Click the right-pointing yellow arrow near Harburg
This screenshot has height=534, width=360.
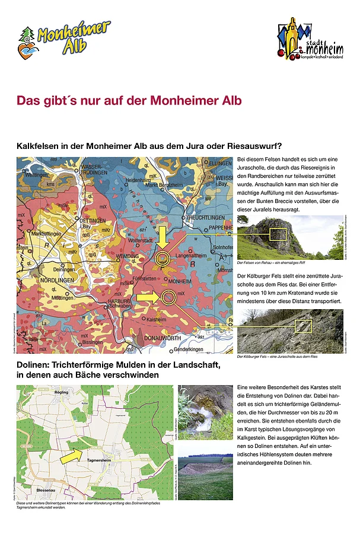tap(148, 296)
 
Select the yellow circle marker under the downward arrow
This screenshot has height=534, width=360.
tap(162, 259)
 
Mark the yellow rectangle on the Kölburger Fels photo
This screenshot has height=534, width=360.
tap(304, 325)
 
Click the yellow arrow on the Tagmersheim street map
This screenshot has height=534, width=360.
tap(72, 456)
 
